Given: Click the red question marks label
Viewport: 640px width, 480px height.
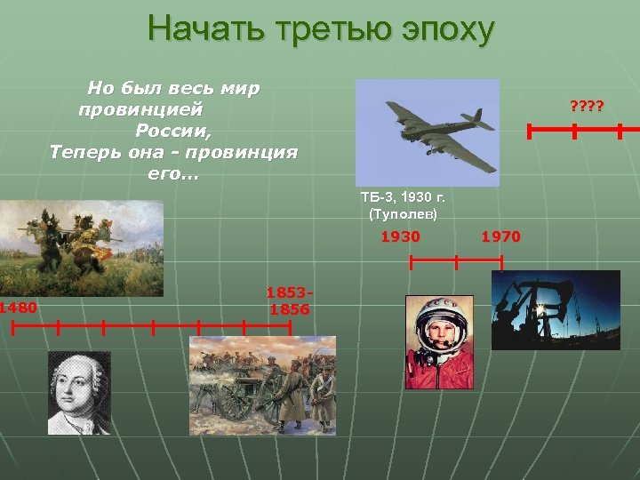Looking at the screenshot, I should point(587,108).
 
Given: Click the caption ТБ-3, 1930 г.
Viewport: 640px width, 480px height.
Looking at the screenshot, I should point(403,197).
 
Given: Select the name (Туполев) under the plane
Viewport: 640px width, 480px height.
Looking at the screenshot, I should point(403,215).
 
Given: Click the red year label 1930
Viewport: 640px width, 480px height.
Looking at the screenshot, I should point(400,237).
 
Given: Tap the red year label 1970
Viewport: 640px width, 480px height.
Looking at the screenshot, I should point(500,237).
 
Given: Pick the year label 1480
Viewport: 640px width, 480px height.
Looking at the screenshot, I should point(19,308).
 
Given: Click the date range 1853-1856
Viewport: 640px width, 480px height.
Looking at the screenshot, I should point(289,301).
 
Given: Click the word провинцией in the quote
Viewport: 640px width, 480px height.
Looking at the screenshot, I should point(140,110).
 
